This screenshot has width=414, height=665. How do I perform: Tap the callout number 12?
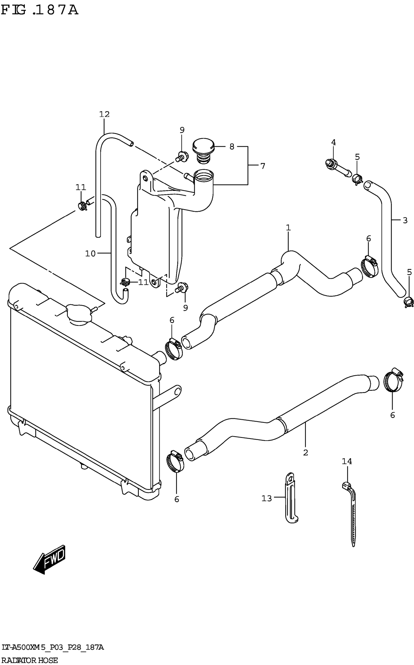(104, 114)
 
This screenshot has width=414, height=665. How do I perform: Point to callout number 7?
(263, 166)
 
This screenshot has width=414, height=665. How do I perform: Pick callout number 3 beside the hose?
(405, 221)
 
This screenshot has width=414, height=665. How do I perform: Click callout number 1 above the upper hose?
(288, 227)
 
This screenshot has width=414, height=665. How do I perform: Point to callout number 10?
(90, 254)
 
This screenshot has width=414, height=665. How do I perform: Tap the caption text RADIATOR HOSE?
(29, 660)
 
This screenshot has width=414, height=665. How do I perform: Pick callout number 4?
(333, 142)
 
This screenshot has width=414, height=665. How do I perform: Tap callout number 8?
(232, 147)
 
